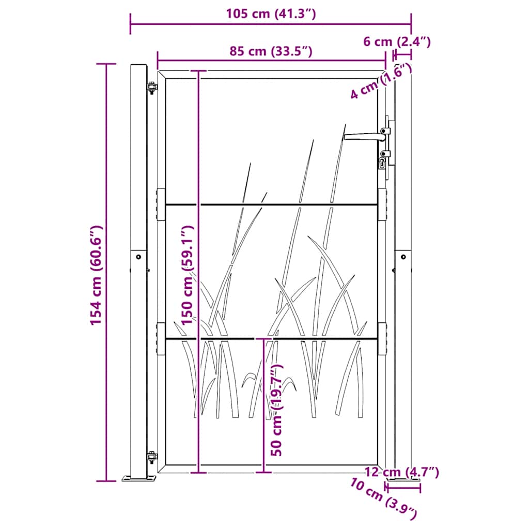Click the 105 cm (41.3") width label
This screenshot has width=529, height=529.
pos(270,14)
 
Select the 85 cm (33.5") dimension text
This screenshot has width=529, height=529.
pos(271,51)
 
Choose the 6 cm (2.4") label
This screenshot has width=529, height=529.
pos(397,41)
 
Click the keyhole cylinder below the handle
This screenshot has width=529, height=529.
pos(383,163)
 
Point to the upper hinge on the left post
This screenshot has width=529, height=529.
pos(151,88)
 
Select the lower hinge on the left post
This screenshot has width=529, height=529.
pos(151,458)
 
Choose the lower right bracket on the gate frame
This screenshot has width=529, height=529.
pos(382,339)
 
